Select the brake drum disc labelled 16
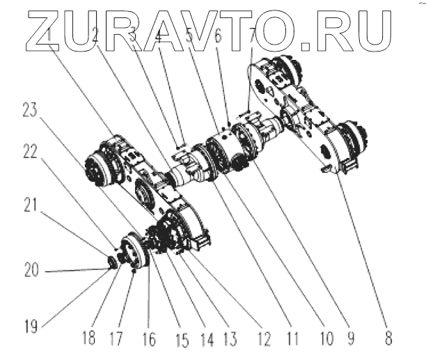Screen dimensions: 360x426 click(135, 252)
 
